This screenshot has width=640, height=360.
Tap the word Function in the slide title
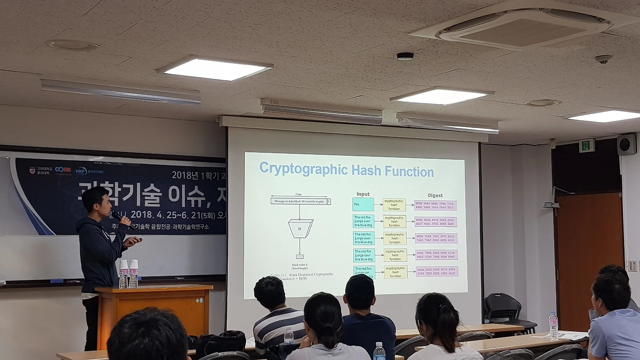(x=408, y=171)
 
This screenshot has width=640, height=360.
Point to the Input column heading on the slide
(x=363, y=194)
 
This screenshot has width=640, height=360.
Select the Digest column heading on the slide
(x=434, y=195)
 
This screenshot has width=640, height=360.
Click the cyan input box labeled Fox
(x=363, y=204)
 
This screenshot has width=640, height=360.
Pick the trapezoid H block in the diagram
(x=300, y=228)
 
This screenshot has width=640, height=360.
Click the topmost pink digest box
(x=435, y=205)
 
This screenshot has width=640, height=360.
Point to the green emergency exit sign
(x=586, y=145)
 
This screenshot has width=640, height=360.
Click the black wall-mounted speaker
(x=626, y=144)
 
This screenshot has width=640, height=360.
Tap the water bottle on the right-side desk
(x=553, y=325)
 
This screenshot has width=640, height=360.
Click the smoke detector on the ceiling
(x=405, y=56)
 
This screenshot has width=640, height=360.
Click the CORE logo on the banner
(x=62, y=170)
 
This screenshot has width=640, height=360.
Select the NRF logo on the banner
(x=81, y=170)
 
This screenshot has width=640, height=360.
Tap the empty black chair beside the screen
(x=503, y=308)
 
